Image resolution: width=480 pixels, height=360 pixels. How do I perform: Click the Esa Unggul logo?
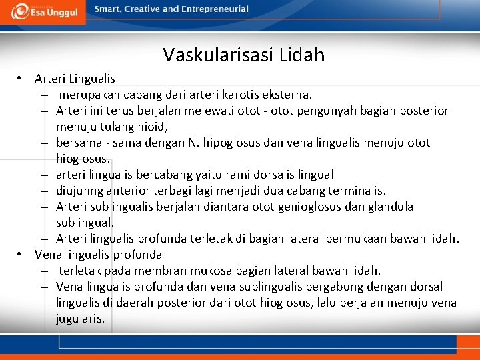tap(43, 11)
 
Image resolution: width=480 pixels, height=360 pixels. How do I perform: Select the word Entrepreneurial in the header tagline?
tap(213, 9)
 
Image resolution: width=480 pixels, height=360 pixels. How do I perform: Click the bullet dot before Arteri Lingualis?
tap(22, 79)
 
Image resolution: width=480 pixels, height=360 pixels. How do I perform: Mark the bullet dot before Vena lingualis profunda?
tap(22, 255)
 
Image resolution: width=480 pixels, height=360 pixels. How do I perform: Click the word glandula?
tap(390, 207)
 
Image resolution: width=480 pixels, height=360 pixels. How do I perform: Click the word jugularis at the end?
tap(80, 319)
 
